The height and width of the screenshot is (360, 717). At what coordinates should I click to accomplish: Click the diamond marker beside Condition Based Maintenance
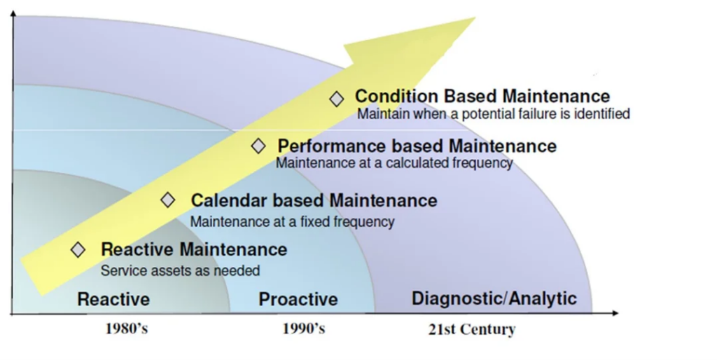[x=337, y=99]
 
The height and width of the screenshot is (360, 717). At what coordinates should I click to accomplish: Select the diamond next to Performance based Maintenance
[x=258, y=146]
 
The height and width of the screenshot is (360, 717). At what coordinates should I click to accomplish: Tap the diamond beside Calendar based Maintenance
[x=168, y=200]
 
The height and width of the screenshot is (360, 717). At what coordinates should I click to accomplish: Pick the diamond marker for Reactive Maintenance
[x=78, y=250]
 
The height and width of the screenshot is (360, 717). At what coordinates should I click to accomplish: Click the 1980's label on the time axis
[x=127, y=328]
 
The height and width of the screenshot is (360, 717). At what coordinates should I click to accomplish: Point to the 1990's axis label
[x=304, y=328]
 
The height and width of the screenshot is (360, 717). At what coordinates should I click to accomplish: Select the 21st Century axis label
[x=472, y=329]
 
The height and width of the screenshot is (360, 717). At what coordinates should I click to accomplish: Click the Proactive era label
[x=298, y=299]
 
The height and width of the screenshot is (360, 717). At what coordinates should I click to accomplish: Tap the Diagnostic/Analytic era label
[x=494, y=298]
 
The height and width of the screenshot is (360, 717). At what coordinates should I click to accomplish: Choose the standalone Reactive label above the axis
[x=113, y=299]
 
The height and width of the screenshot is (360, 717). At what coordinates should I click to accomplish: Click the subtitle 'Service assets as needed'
[x=180, y=270]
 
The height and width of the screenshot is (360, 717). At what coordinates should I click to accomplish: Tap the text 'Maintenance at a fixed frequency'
[x=292, y=222]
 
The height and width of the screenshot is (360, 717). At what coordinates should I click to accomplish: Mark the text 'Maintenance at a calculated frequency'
[x=394, y=163]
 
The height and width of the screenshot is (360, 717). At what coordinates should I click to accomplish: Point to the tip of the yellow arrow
[x=475, y=18]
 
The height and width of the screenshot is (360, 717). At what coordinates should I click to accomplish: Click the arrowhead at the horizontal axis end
[x=615, y=313]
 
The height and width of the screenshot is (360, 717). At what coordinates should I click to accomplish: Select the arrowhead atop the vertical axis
[x=13, y=13]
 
